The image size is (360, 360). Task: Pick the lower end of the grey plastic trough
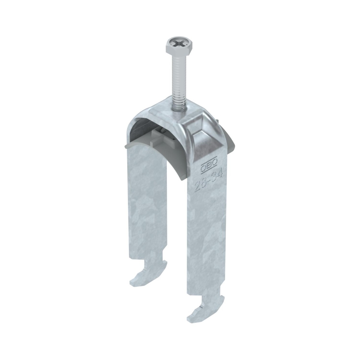pyautogui.click(x=183, y=177)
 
